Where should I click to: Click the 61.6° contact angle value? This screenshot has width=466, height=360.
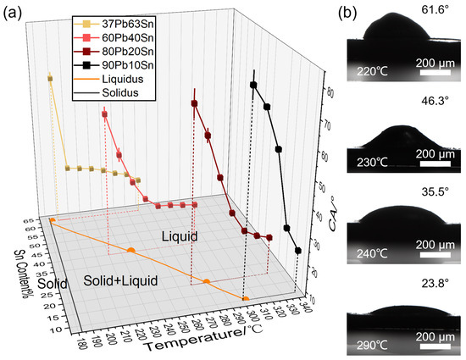[412, 9]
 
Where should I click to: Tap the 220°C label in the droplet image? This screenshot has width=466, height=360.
[373, 71]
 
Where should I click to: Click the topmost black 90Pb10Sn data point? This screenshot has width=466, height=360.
[252, 84]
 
